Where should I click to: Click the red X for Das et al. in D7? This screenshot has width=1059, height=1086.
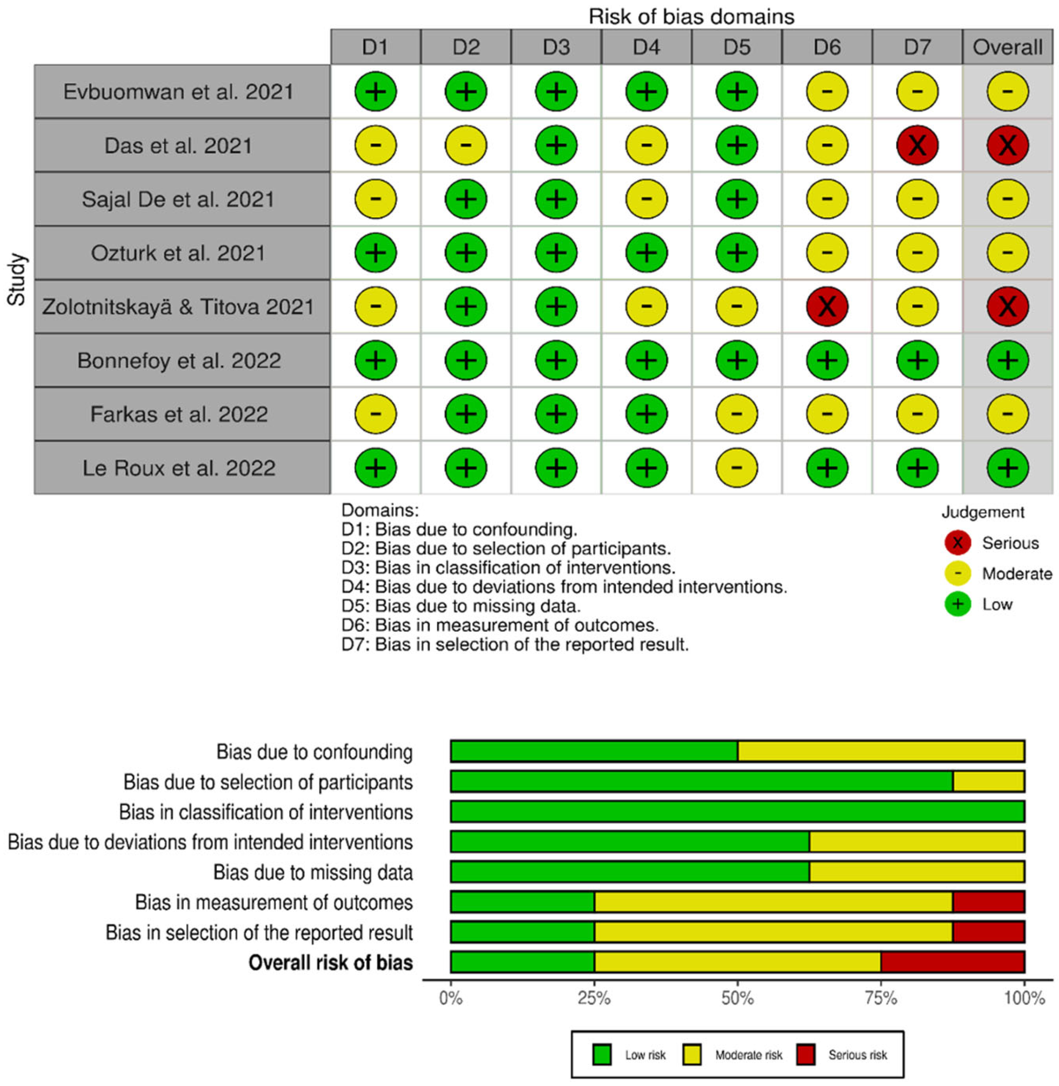tap(917, 145)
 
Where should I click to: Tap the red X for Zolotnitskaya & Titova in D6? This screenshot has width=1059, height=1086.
tap(827, 306)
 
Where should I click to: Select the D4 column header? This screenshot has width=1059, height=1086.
tap(646, 47)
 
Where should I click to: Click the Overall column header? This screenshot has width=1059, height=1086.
tap(1007, 47)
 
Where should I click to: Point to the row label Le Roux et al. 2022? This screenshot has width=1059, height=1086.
tap(179, 468)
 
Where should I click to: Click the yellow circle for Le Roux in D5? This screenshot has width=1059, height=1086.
tap(736, 468)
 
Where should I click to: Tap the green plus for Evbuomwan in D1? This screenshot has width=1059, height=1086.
tap(376, 91)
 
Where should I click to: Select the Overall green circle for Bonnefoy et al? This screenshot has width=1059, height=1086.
tap(1007, 360)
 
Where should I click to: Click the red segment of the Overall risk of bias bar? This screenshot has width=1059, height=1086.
tap(952, 962)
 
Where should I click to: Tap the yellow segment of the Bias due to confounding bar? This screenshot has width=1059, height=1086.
tap(881, 751)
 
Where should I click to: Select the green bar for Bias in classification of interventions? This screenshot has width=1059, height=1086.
tap(737, 811)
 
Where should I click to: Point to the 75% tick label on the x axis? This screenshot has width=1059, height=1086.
tap(881, 997)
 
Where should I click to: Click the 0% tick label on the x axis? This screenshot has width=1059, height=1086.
tap(450, 997)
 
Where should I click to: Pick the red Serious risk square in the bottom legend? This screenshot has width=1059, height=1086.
tap(806, 1054)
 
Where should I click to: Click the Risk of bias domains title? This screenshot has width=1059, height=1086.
tap(691, 17)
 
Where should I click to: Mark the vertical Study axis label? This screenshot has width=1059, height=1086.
tap(17, 279)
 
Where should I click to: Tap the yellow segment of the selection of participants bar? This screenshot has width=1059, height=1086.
tap(988, 781)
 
